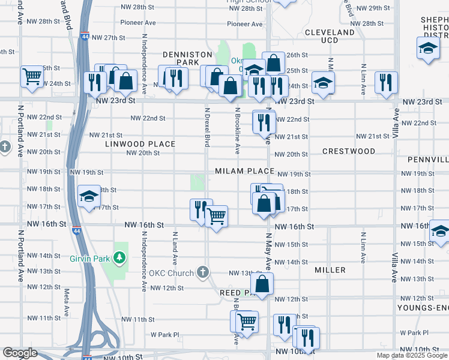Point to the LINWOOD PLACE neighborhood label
pyautogui.click(x=140, y=144)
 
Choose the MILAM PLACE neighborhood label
pyautogui.click(x=246, y=171)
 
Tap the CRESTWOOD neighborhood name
pyautogui.click(x=349, y=152)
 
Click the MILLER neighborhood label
pyautogui.click(x=330, y=270)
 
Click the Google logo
pyautogui.click(x=20, y=353)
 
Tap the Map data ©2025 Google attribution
pyautogui.click(x=412, y=355)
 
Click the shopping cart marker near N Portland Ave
pyautogui.click(x=32, y=76)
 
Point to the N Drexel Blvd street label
pyautogui.click(x=207, y=128)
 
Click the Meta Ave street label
pyautogui.click(x=66, y=304)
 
